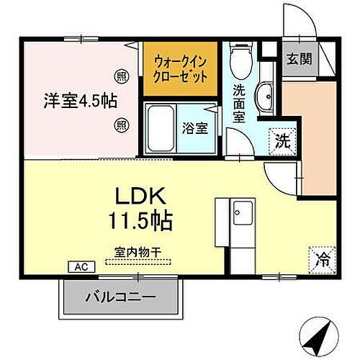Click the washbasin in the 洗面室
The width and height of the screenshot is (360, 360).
264,94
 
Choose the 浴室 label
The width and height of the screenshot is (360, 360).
194,129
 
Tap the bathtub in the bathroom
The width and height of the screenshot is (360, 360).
163,127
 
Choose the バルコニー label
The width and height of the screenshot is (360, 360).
120,296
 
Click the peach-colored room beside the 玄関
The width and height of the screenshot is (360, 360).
308,137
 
